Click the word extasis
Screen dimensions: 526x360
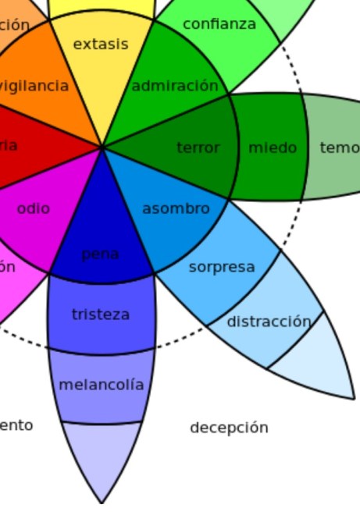(x=100, y=44)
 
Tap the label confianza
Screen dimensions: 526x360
(x=219, y=24)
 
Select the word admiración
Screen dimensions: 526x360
(x=174, y=86)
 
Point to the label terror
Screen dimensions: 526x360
(x=198, y=147)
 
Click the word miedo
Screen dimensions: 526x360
(x=273, y=147)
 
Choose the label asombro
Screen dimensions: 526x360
(x=176, y=208)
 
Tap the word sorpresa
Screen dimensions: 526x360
(x=222, y=267)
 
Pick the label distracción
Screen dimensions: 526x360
(x=269, y=322)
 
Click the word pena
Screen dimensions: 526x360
(x=100, y=254)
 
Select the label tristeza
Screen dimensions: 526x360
(x=101, y=315)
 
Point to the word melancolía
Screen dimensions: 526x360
(x=102, y=385)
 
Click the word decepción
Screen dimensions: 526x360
(x=229, y=428)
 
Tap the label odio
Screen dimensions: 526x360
(x=33, y=208)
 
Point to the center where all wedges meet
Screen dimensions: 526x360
(x=102, y=147)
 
